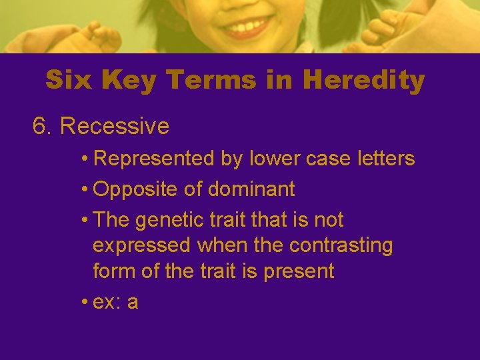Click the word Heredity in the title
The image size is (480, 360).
[363, 81]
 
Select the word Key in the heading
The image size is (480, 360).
[128, 81]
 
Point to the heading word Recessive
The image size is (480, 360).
[115, 126]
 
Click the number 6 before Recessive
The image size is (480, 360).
[39, 126]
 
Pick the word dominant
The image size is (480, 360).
[251, 189]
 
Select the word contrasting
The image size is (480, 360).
[341, 245]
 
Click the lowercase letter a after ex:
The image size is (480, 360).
[133, 302]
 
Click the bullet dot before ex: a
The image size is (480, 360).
[85, 302]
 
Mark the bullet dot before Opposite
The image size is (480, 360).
[85, 189]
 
